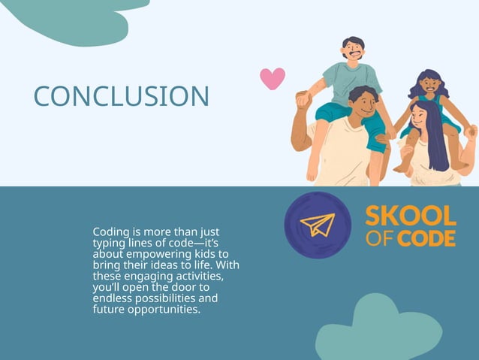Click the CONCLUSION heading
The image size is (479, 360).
coord(122,96)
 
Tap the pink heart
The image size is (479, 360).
coord(272,77)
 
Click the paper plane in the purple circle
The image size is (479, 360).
coord(318,225)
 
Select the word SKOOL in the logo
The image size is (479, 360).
coord(410,216)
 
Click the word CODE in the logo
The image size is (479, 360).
coord(426,239)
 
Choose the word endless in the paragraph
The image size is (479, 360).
coord(112,298)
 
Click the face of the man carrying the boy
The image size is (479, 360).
coord(363,104)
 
